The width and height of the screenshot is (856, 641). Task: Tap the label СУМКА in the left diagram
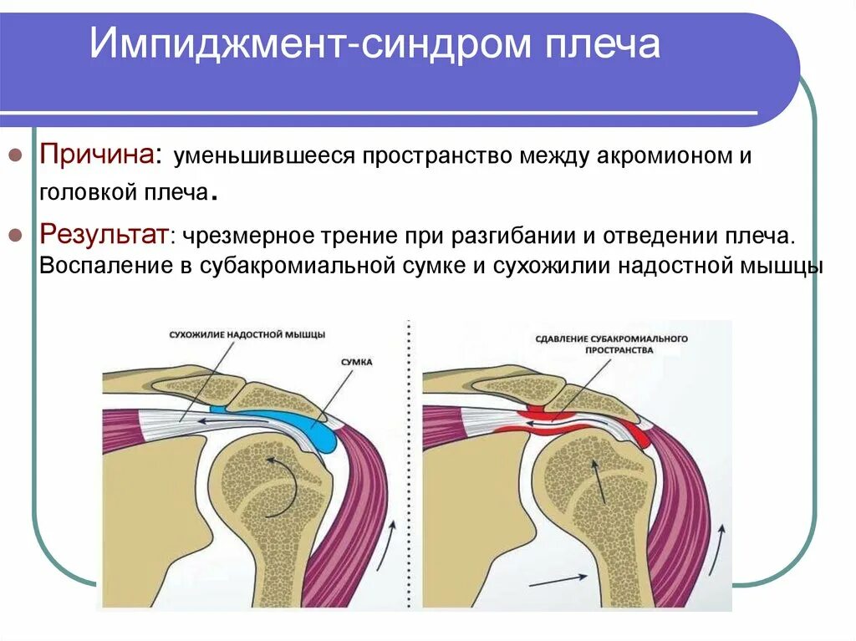click(357, 362)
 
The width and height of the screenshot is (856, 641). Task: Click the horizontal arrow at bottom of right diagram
click(558, 577)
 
